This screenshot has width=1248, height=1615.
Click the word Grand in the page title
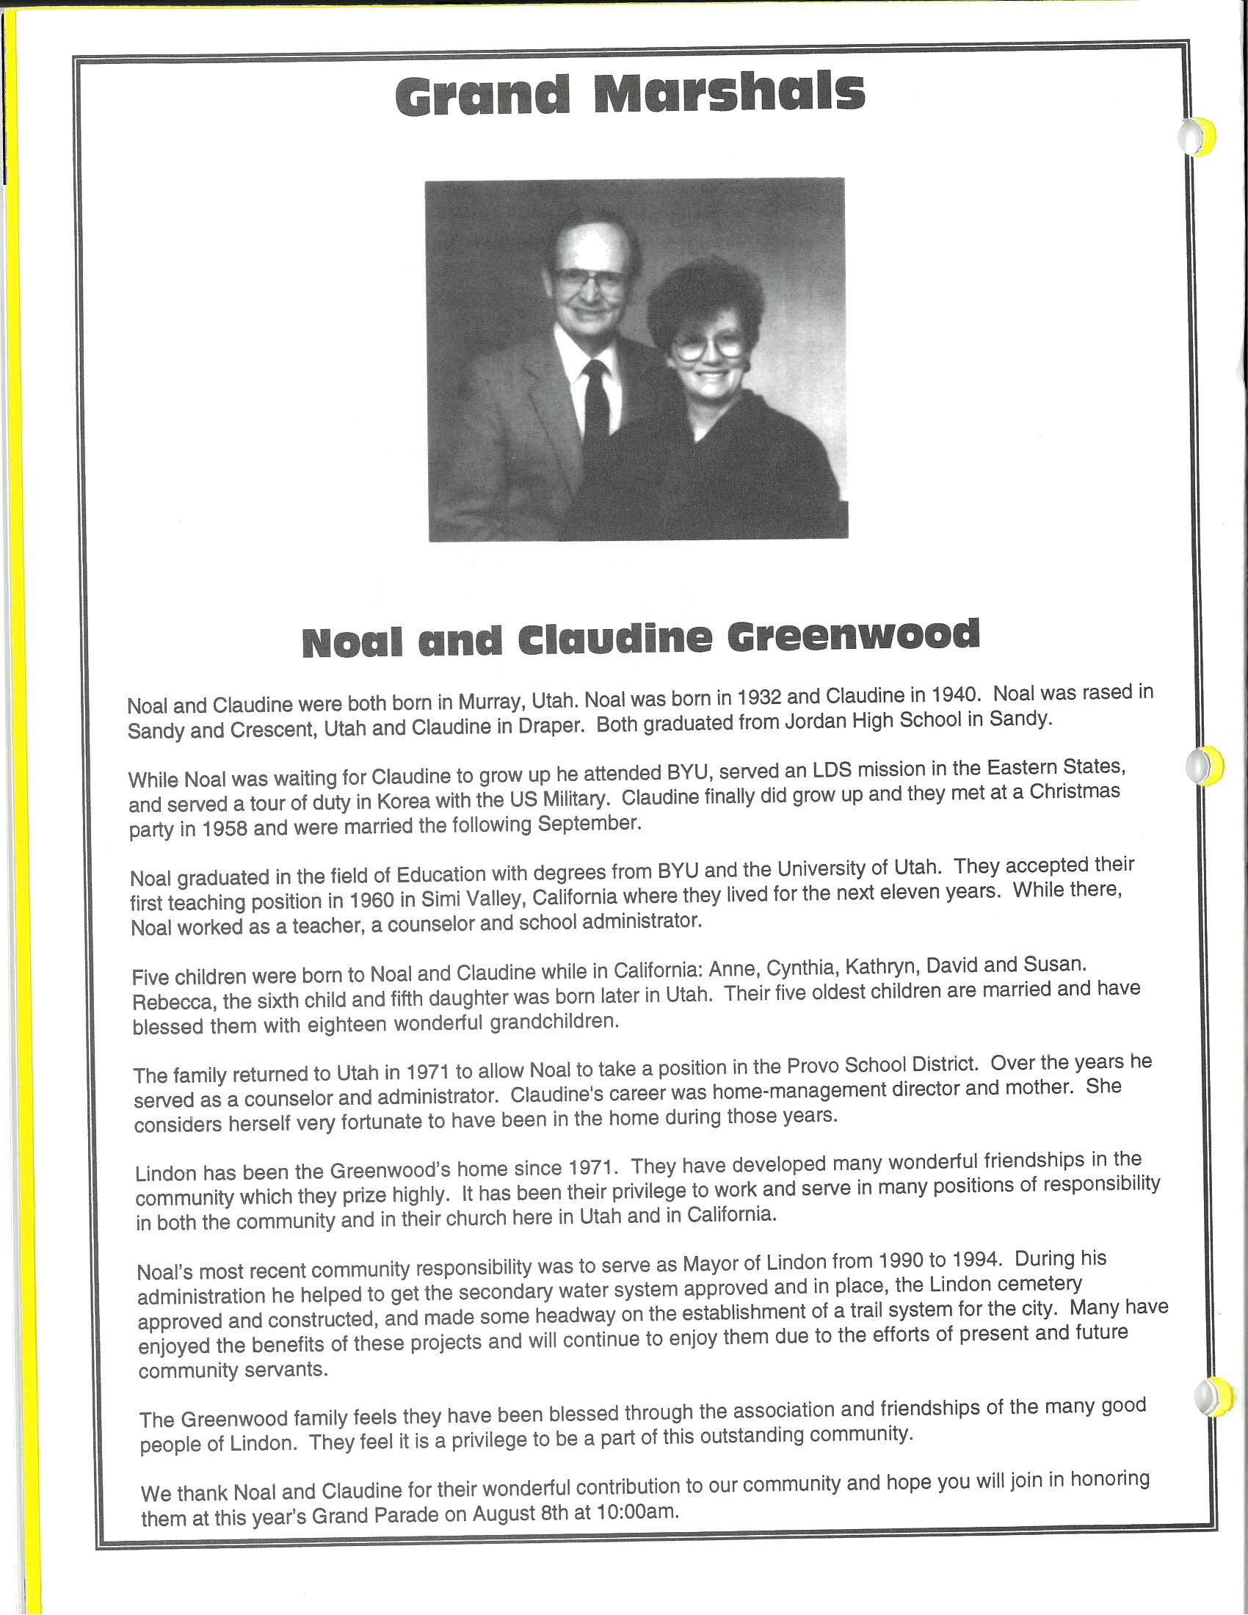(x=482, y=96)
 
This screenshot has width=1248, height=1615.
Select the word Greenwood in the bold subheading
(x=853, y=636)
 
